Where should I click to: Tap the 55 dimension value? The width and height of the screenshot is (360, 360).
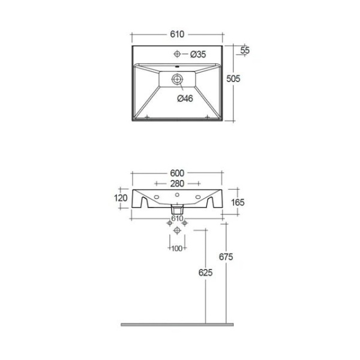point(245,50)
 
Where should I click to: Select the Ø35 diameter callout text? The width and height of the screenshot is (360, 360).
point(198,55)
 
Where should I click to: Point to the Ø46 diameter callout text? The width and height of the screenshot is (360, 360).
point(185,98)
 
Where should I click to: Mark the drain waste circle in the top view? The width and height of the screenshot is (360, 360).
point(178,79)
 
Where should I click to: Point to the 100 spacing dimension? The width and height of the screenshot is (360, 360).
point(177,248)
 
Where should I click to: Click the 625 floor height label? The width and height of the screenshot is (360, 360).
point(206,273)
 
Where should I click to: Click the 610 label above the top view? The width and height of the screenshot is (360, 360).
point(177,34)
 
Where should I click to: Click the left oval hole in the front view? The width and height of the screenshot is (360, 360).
point(157,196)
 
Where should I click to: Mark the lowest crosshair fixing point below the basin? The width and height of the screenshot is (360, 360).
point(177,231)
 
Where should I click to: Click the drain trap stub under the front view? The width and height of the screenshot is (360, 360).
point(177,209)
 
